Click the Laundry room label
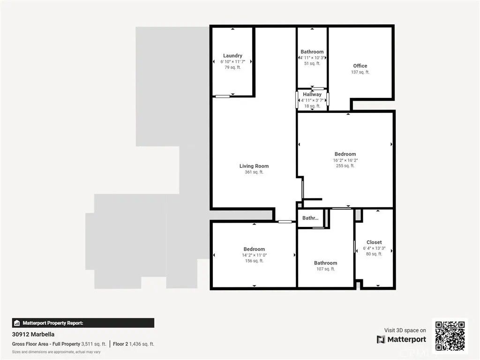[232, 56]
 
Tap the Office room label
[360, 66]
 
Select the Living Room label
[254, 166]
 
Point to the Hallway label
[312, 95]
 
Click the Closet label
[374, 242]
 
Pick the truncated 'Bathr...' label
[310, 218]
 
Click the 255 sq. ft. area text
[345, 165]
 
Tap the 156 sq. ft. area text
[254, 261]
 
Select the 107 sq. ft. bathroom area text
[325, 269]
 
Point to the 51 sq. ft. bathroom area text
[312, 63]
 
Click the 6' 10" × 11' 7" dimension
[232, 61]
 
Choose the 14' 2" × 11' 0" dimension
[254, 255]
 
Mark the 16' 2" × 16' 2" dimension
[345, 160]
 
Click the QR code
[450, 335]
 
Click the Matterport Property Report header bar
[83, 323]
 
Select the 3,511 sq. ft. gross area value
[94, 344]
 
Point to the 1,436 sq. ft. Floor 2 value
[141, 344]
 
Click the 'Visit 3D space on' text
[405, 330]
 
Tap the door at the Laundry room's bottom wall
[223, 97]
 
